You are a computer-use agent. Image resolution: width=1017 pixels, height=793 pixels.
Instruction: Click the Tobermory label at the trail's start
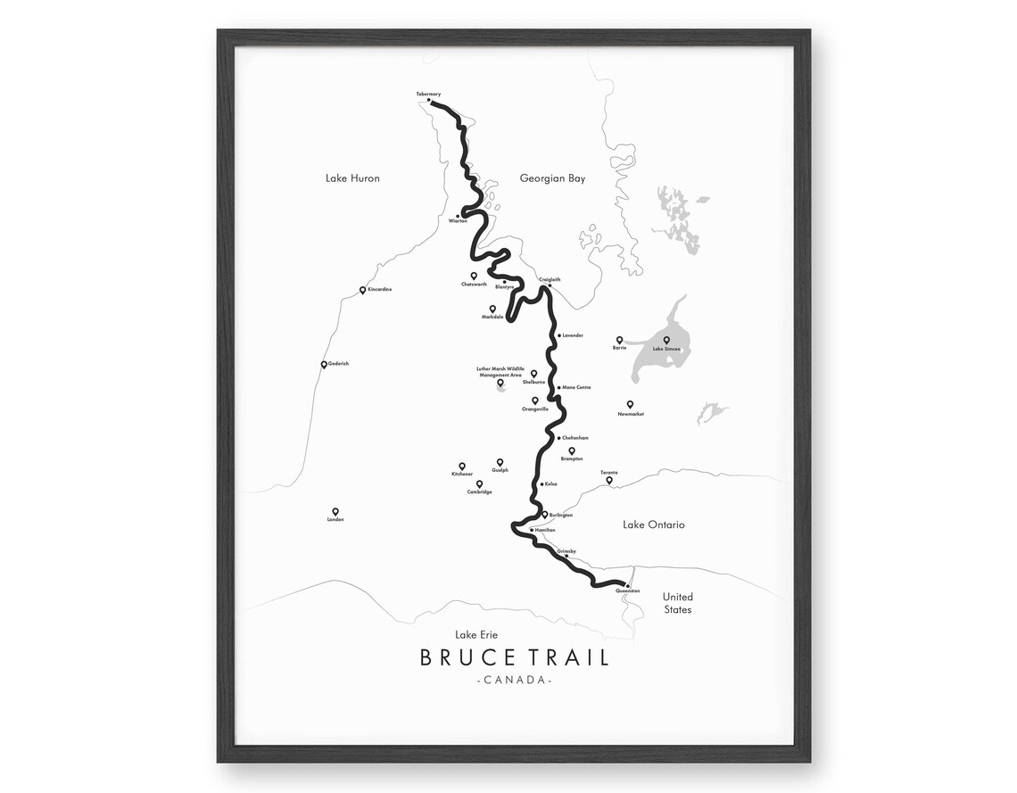(x=428, y=94)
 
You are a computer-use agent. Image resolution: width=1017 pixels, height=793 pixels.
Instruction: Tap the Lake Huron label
(x=352, y=178)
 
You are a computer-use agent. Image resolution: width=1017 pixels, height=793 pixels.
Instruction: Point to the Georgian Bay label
(x=552, y=178)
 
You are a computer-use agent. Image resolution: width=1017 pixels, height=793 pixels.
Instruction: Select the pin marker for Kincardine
(x=362, y=290)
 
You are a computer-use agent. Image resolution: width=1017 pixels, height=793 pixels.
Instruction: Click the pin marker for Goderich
(x=324, y=364)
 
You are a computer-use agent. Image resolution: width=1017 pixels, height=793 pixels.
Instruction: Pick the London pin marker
(x=335, y=511)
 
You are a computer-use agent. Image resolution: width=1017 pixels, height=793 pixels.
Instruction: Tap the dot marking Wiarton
(x=458, y=216)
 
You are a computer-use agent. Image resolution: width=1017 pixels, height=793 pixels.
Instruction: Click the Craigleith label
(x=550, y=279)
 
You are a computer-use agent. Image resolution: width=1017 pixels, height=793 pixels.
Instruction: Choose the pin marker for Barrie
(x=619, y=340)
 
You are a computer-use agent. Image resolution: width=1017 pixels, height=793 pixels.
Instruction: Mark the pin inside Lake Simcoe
(x=666, y=340)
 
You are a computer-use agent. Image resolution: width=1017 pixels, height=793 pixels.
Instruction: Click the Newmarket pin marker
(x=630, y=404)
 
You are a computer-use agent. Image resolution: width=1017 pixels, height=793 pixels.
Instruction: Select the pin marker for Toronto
(x=609, y=480)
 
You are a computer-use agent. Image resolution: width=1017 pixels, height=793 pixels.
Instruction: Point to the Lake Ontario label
(x=653, y=525)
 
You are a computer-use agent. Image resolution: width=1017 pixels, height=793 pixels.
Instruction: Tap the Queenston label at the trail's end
(x=627, y=591)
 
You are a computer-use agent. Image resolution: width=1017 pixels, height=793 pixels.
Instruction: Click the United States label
(x=677, y=603)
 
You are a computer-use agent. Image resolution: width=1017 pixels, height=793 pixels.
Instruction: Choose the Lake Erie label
(x=476, y=635)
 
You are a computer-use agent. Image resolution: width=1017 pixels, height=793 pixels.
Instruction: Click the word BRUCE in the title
(x=467, y=658)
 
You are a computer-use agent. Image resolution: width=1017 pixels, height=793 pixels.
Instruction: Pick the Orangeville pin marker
(x=535, y=401)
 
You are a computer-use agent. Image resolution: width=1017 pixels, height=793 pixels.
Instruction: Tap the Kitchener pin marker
(x=462, y=466)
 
